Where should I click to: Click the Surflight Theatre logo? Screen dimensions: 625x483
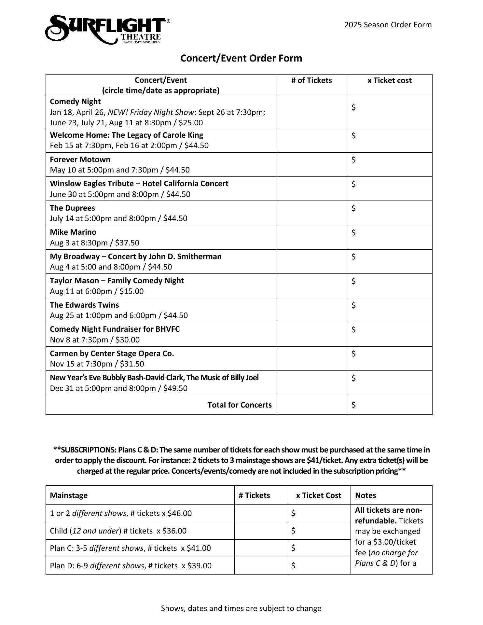tap(107, 29)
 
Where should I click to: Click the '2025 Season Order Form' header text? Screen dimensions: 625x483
tap(388, 25)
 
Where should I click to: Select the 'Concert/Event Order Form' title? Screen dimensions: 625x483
tap(241, 58)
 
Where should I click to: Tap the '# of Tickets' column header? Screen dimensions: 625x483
tap(311, 80)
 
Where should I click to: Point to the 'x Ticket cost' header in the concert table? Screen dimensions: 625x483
tap(389, 80)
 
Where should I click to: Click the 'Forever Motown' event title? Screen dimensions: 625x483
tap(80, 160)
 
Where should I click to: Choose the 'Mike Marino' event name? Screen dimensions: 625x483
tap(73, 232)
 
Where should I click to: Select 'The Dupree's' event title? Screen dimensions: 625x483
tap(72, 208)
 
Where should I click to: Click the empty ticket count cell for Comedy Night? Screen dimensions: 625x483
tap(311, 112)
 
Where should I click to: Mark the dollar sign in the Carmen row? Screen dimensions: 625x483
tap(353, 354)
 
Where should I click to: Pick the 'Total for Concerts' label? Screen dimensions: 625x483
tap(240, 405)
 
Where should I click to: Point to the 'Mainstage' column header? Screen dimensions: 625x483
tap(69, 495)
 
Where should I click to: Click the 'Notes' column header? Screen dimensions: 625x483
tap(366, 495)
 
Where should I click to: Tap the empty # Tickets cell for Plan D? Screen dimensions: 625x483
tap(260, 566)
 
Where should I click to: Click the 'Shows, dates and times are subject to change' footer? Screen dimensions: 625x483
tap(241, 608)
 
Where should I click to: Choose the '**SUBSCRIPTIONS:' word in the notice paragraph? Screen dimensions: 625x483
tap(85, 450)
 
